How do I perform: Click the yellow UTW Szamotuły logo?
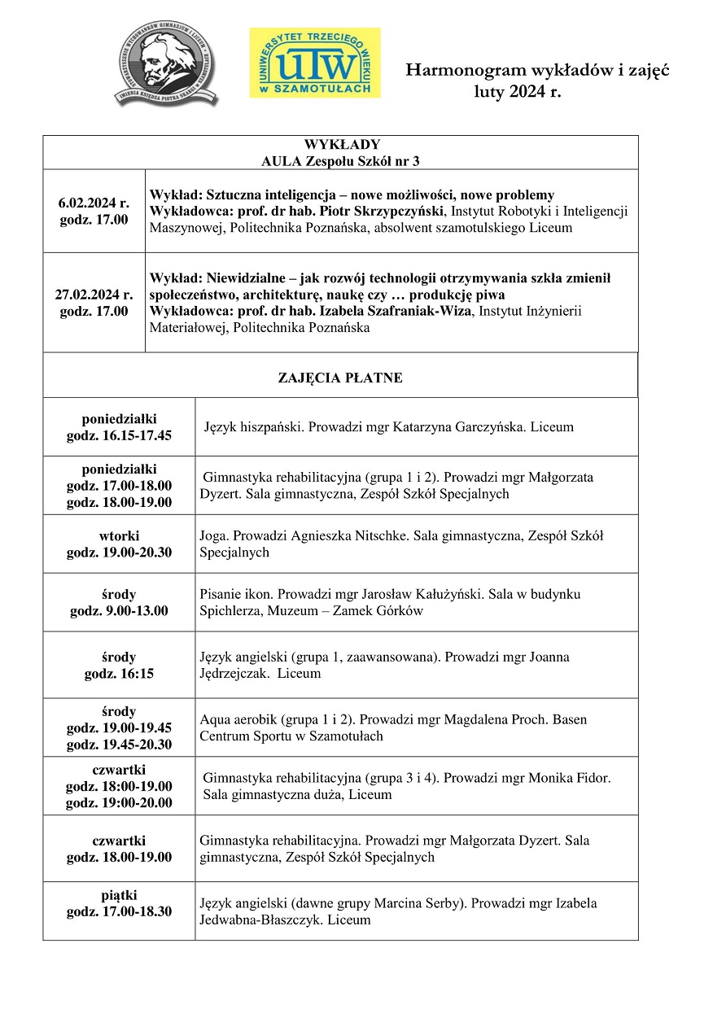(x=314, y=63)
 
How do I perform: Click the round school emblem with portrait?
(x=166, y=63)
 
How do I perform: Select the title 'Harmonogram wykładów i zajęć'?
(x=537, y=72)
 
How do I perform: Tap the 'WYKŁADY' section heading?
(x=340, y=145)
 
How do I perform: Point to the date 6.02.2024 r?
(x=94, y=203)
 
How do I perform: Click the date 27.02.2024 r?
(x=94, y=295)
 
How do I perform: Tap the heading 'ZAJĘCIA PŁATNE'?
(x=340, y=378)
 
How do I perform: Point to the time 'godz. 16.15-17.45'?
(x=119, y=435)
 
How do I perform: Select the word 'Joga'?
(x=213, y=535)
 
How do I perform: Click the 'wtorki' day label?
(x=119, y=536)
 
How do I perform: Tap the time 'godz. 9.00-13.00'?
(x=119, y=611)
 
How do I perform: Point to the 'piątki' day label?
(x=119, y=895)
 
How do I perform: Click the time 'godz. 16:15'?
(x=119, y=674)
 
